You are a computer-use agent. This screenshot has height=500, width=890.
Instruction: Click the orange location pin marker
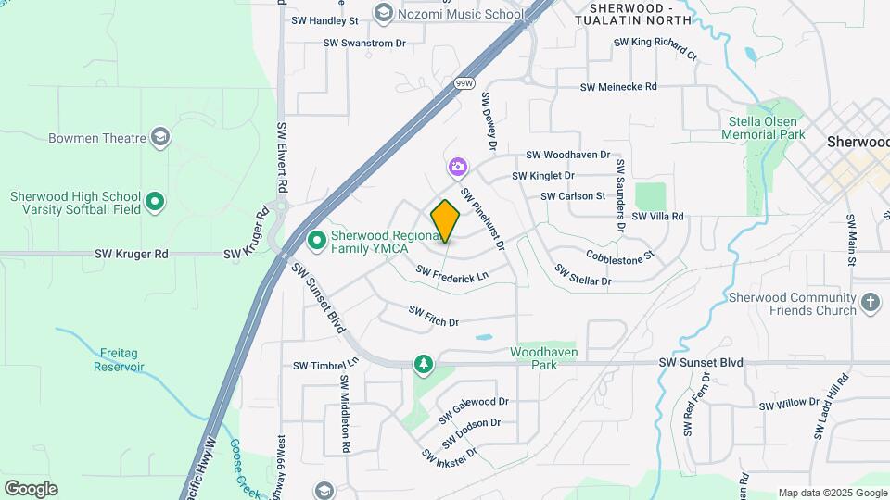pos(445,220)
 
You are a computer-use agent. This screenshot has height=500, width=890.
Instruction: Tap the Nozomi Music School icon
pos(383,13)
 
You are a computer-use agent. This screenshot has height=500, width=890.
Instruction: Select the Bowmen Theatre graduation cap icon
pos(161,138)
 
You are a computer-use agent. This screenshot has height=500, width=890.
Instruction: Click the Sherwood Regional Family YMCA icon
pos(316,241)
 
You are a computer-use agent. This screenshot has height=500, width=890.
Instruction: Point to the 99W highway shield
pos(464,83)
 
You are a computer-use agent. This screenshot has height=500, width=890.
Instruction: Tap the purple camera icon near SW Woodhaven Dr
pos(457,168)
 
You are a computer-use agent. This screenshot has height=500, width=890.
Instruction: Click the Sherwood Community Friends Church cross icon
pos(870,302)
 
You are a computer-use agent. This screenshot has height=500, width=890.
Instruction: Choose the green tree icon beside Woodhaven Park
pos(424,364)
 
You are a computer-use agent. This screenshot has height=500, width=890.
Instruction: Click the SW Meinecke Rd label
pos(618,87)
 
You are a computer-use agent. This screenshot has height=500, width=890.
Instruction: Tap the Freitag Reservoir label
pos(119,359)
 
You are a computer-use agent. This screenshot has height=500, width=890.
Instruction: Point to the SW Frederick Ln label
pos(451,274)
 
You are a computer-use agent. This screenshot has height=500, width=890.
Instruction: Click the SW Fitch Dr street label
pos(434,317)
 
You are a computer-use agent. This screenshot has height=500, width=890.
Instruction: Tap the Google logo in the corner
pos(31,488)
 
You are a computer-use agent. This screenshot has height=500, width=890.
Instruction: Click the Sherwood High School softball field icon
pos(155,200)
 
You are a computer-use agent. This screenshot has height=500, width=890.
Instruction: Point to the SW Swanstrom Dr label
pos(364,43)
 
